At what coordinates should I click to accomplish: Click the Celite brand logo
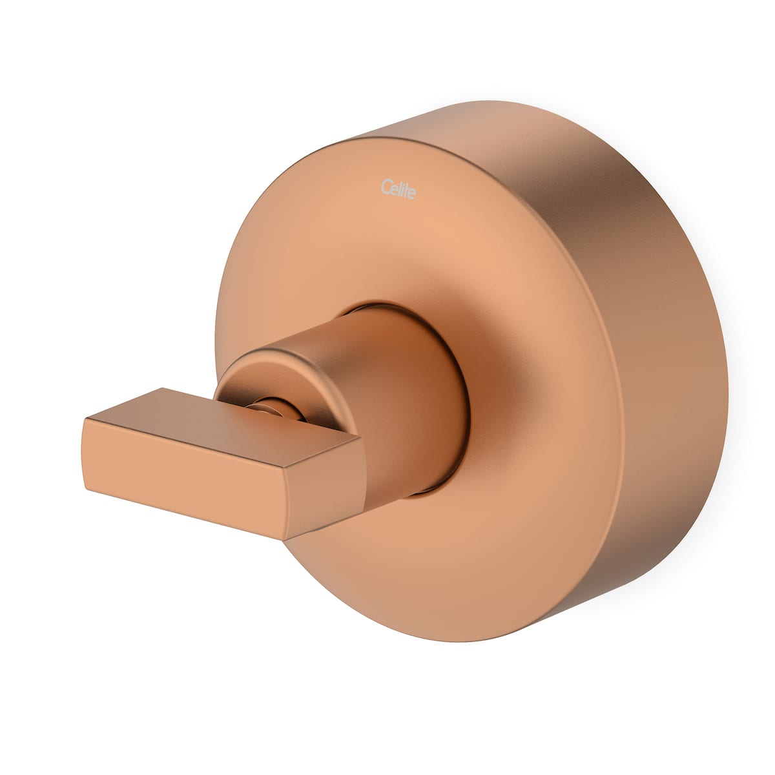pyautogui.click(x=398, y=190)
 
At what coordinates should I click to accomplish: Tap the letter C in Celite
pyautogui.click(x=385, y=187)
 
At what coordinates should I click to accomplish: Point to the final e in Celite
pyautogui.click(x=412, y=193)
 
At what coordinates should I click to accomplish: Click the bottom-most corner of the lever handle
pyautogui.click(x=284, y=539)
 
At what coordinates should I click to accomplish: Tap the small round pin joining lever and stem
pyautogui.click(x=271, y=408)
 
